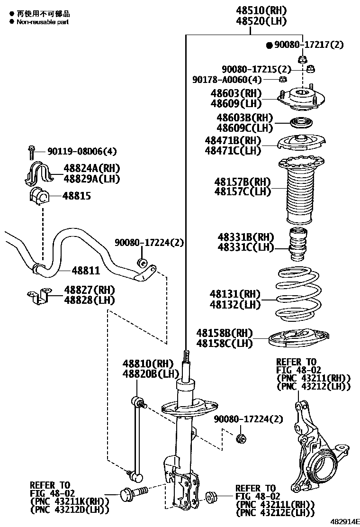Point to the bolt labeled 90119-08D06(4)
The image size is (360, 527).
click(x=31, y=152)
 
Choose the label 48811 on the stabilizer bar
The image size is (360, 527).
click(x=86, y=271)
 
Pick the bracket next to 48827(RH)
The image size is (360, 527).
click(x=38, y=297)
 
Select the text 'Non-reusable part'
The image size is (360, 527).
click(x=43, y=22)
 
